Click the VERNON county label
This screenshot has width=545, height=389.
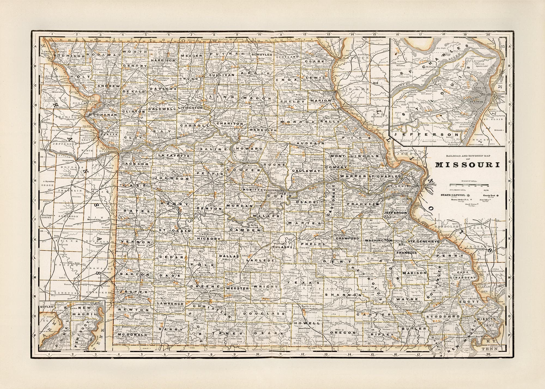click(132, 242)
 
